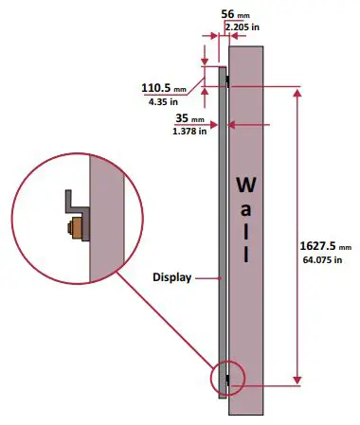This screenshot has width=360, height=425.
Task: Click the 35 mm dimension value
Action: pos(189,119)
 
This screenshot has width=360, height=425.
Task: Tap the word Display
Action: pos(172,278)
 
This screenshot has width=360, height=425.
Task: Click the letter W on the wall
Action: pos(245,182)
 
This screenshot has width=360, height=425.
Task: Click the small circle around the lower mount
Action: pos(228,377)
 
